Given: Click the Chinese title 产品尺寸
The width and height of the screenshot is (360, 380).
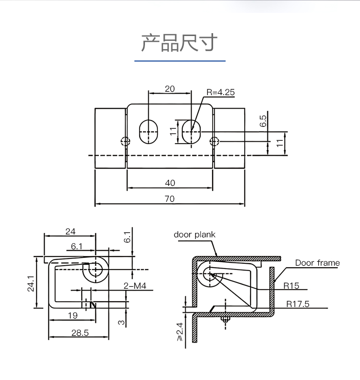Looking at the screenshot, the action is pyautogui.click(x=180, y=43).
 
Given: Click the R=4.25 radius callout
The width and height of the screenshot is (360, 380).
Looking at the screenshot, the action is pyautogui.click(x=220, y=92).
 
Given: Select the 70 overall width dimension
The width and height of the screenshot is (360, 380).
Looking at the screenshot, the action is pyautogui.click(x=169, y=199).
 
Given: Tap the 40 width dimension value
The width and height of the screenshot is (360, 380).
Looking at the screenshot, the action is pyautogui.click(x=170, y=183).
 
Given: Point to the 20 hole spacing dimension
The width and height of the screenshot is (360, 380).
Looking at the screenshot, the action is pyautogui.click(x=170, y=89).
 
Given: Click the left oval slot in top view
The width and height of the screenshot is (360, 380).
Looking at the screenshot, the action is pyautogui.click(x=148, y=132).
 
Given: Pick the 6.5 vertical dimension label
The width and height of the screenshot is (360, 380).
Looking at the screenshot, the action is pyautogui.click(x=263, y=121).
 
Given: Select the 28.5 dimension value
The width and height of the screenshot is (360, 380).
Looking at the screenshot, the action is pyautogui.click(x=80, y=333).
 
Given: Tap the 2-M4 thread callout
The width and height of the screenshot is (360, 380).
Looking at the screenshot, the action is pyautogui.click(x=135, y=286).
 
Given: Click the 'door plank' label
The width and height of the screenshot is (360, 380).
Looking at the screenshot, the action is pyautogui.click(x=194, y=234).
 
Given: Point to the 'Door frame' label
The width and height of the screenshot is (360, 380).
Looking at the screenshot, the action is pyautogui.click(x=317, y=263).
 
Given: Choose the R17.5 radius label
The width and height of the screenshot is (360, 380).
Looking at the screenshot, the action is pyautogui.click(x=298, y=304).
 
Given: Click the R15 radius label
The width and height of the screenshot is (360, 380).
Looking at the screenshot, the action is pyautogui.click(x=291, y=286).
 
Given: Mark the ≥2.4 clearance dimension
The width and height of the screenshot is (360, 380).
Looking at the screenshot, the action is pyautogui.click(x=180, y=332).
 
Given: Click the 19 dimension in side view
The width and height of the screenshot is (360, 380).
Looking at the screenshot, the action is pyautogui.click(x=72, y=315).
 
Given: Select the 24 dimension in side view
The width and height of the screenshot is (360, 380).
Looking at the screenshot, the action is pyautogui.click(x=70, y=232).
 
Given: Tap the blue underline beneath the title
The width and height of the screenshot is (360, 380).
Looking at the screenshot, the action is pyautogui.click(x=180, y=61).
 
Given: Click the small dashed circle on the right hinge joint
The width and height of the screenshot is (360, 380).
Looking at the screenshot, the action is pyautogui.click(x=214, y=141).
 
